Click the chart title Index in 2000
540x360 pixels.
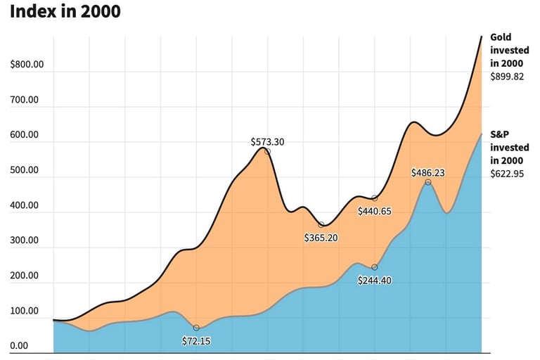pyautogui.click(x=65, y=12)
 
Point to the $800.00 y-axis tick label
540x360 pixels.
pyautogui.click(x=27, y=65)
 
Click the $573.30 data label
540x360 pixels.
pyautogui.click(x=267, y=141)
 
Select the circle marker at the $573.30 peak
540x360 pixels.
pyautogui.click(x=267, y=151)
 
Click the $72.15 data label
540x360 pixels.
pyautogui.click(x=196, y=341)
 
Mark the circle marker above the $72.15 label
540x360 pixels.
pyautogui.click(x=196, y=328)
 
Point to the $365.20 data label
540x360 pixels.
pyautogui.click(x=321, y=238)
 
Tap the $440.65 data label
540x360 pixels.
pyautogui.click(x=375, y=211)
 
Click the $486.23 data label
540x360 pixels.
pyautogui.click(x=428, y=172)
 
